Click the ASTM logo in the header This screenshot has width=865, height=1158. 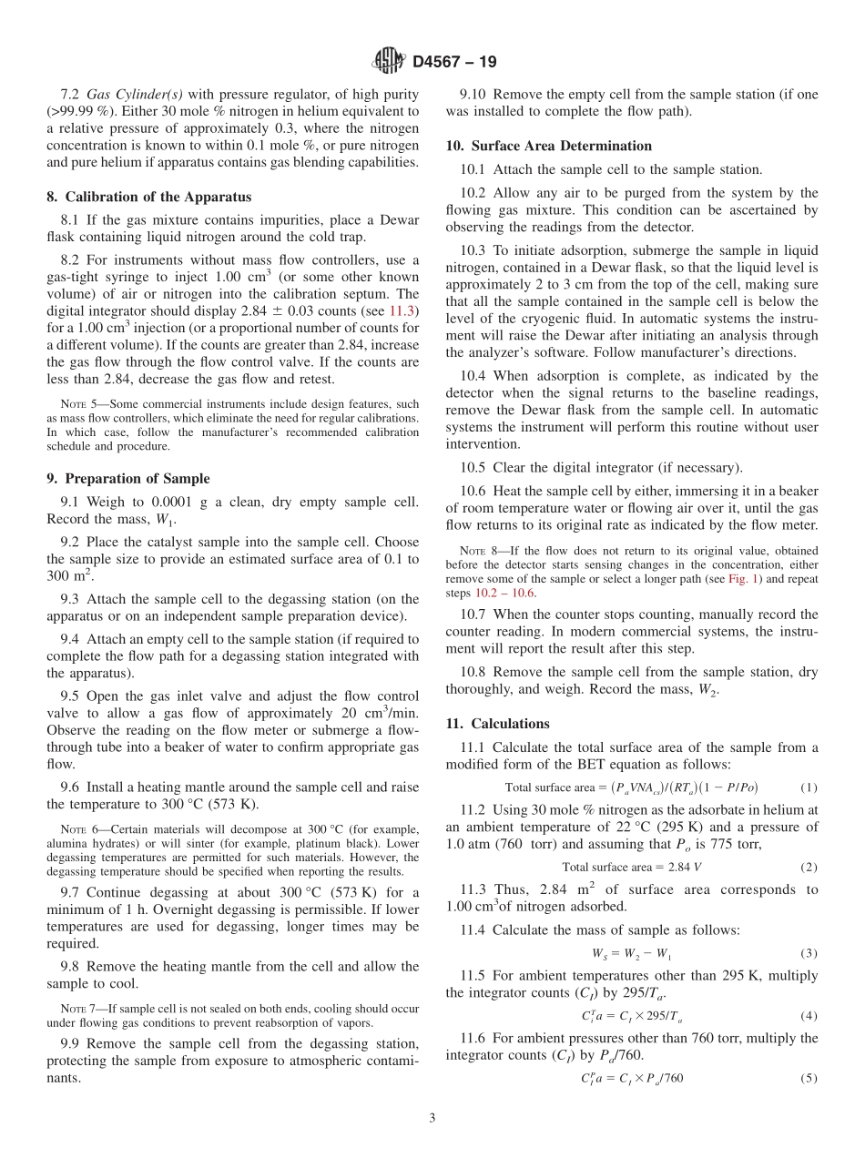click(x=389, y=62)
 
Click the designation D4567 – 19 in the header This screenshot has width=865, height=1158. click(x=454, y=62)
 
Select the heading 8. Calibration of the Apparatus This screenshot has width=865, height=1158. click(x=148, y=197)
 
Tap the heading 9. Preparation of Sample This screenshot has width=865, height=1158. click(x=128, y=478)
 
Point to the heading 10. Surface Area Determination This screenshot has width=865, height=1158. click(x=548, y=146)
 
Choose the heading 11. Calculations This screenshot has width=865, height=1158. click(x=497, y=724)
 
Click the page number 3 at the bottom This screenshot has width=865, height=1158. click(x=432, y=1118)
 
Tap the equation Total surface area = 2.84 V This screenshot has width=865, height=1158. click(x=632, y=867)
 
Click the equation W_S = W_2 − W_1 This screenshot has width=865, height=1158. click(x=631, y=954)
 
